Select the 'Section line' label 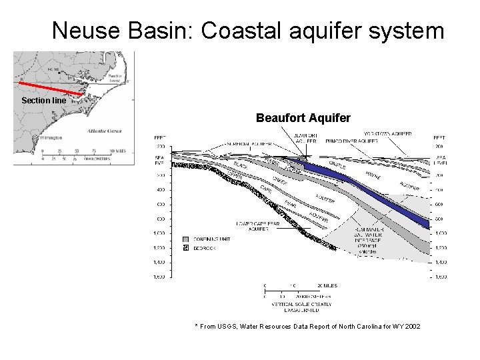[x=43, y=101]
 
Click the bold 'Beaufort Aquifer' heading [x=303, y=118]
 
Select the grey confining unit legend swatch [x=186, y=239]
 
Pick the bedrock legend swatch [x=186, y=248]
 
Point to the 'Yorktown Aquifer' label [x=386, y=134]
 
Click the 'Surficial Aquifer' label [x=249, y=143]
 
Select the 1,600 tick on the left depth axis [x=160, y=276]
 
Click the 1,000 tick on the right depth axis [x=440, y=233]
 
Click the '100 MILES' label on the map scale [x=118, y=151]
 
